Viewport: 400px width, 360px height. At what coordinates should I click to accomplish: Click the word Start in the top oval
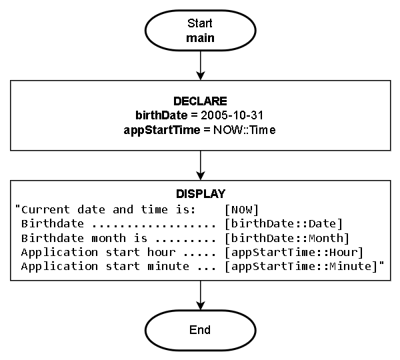(200, 23)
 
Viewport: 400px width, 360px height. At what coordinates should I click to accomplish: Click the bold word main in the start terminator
(200, 37)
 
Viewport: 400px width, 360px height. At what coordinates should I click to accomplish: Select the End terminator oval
(200, 330)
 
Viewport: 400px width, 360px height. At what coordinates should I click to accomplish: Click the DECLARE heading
(200, 101)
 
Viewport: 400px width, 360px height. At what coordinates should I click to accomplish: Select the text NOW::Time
(245, 130)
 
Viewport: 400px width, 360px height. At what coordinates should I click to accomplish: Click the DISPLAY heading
(200, 194)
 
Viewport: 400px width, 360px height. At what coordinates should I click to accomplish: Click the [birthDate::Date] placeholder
(283, 223)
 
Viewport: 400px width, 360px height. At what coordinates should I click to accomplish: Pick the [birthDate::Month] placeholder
(287, 238)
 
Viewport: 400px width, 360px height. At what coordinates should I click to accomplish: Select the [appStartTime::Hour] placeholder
(293, 252)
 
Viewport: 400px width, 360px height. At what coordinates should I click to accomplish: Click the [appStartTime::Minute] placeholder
(302, 266)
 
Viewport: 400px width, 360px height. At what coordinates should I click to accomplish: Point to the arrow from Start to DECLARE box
(200, 65)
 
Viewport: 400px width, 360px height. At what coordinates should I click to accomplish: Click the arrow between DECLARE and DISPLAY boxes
(200, 164)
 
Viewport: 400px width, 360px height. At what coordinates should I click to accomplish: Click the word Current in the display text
(41, 209)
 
